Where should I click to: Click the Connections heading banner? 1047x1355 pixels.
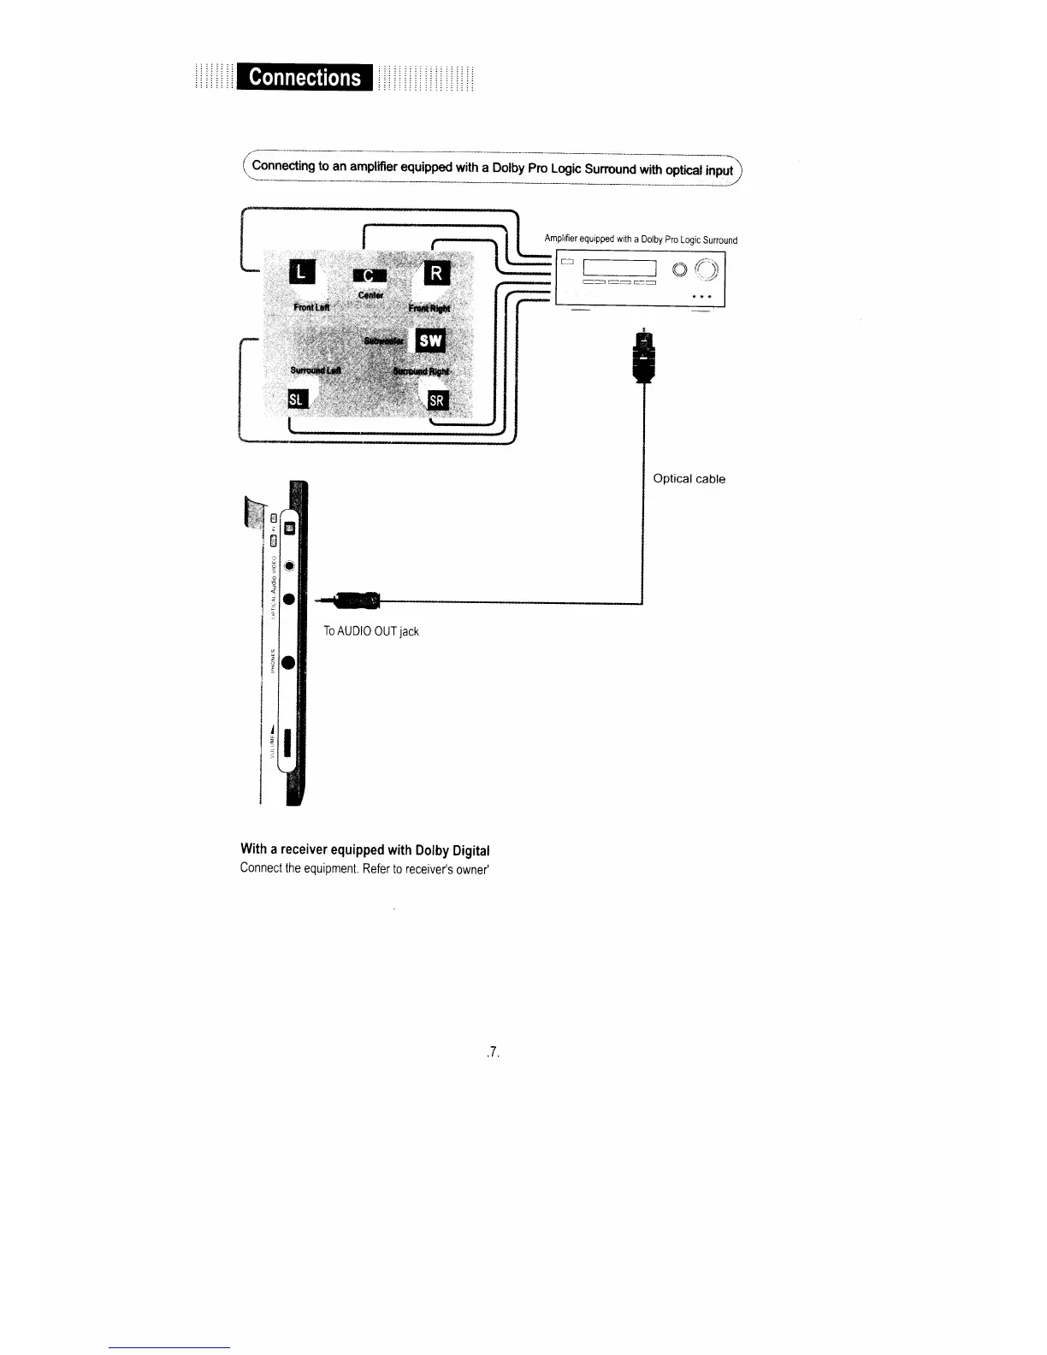pyautogui.click(x=305, y=77)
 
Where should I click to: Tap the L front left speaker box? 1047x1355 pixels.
pyautogui.click(x=304, y=272)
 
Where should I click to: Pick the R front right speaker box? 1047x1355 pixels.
pyautogui.click(x=436, y=274)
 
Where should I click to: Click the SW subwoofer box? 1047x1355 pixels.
pyautogui.click(x=430, y=340)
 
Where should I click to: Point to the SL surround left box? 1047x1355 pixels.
pyautogui.click(x=297, y=399)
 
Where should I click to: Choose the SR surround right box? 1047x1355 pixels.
pyautogui.click(x=436, y=400)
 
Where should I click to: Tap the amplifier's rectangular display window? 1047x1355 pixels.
pyautogui.click(x=618, y=269)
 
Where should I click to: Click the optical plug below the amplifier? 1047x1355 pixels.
pyautogui.click(x=642, y=356)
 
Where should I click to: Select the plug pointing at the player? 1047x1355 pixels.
pyautogui.click(x=355, y=601)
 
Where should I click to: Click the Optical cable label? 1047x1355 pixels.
pyautogui.click(x=689, y=479)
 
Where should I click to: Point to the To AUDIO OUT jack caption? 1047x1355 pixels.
pyautogui.click(x=370, y=631)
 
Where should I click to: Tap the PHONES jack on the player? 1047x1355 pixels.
pyautogui.click(x=289, y=662)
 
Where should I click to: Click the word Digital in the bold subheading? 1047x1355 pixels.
pyautogui.click(x=470, y=850)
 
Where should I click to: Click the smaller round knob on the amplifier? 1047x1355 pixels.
pyautogui.click(x=679, y=270)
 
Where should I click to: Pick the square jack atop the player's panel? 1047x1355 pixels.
pyautogui.click(x=289, y=529)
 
